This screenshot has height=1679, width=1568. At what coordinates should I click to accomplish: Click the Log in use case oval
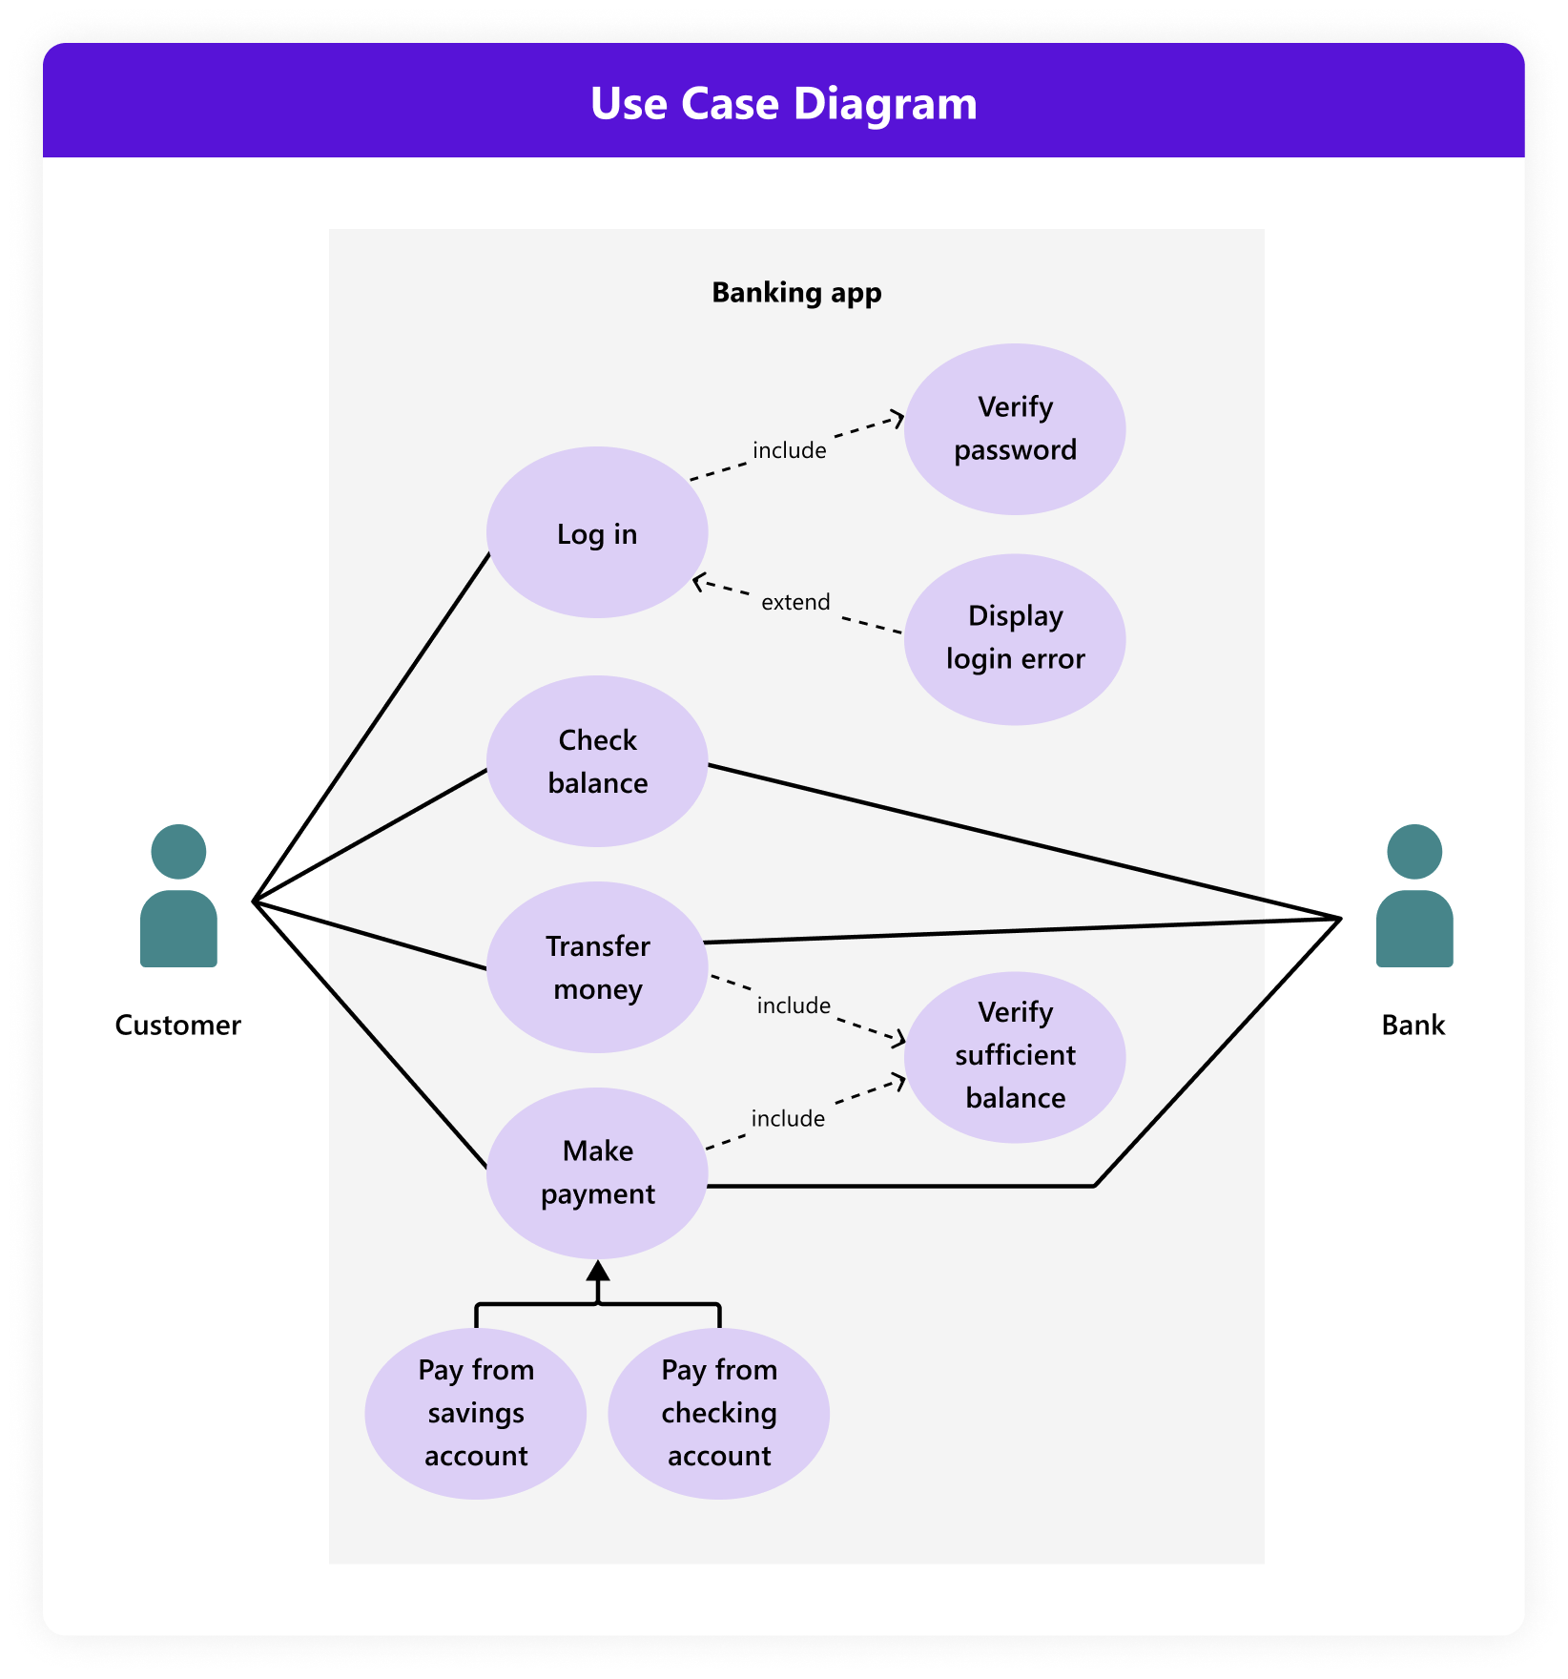(597, 532)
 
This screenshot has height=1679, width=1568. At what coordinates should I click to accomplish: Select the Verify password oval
(1015, 429)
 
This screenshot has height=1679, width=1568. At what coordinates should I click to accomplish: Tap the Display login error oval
(1015, 639)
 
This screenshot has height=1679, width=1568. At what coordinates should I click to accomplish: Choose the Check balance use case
(597, 761)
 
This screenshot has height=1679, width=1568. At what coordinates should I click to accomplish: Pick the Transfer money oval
(597, 967)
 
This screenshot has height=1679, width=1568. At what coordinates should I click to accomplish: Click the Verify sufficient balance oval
(1015, 1057)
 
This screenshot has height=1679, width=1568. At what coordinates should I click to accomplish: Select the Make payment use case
(597, 1173)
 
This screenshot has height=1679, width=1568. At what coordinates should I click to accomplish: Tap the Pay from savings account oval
(476, 1414)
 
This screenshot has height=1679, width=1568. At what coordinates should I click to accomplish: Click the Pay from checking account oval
(719, 1414)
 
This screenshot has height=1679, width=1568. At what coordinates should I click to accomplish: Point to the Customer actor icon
(178, 897)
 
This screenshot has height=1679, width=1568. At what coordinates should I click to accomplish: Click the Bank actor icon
(1414, 897)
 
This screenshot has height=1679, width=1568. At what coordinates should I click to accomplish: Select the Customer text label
(178, 1026)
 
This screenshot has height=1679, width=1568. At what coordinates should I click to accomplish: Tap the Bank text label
(1413, 1026)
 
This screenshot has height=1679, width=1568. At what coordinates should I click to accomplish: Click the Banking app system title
(796, 293)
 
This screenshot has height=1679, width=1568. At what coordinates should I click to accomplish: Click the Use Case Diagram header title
(784, 103)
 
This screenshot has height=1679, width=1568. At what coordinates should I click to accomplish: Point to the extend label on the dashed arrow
(795, 602)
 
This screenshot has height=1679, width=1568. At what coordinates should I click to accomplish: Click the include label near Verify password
(790, 450)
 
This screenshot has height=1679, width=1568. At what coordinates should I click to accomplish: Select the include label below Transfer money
(794, 1005)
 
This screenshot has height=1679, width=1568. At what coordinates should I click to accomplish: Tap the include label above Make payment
(788, 1118)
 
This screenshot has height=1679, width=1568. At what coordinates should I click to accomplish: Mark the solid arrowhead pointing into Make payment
(598, 1271)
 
